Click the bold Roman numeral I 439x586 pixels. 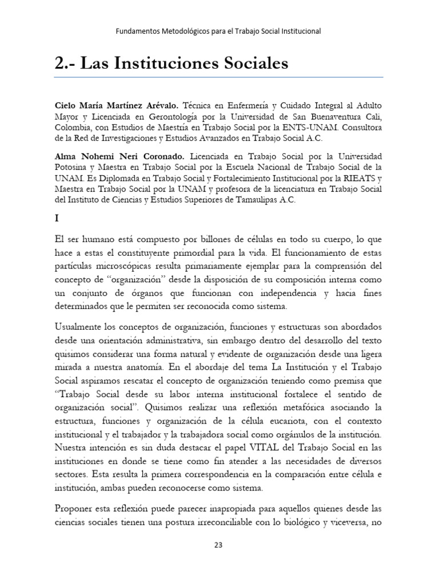(x=57, y=218)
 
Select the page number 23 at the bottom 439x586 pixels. (x=218, y=545)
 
